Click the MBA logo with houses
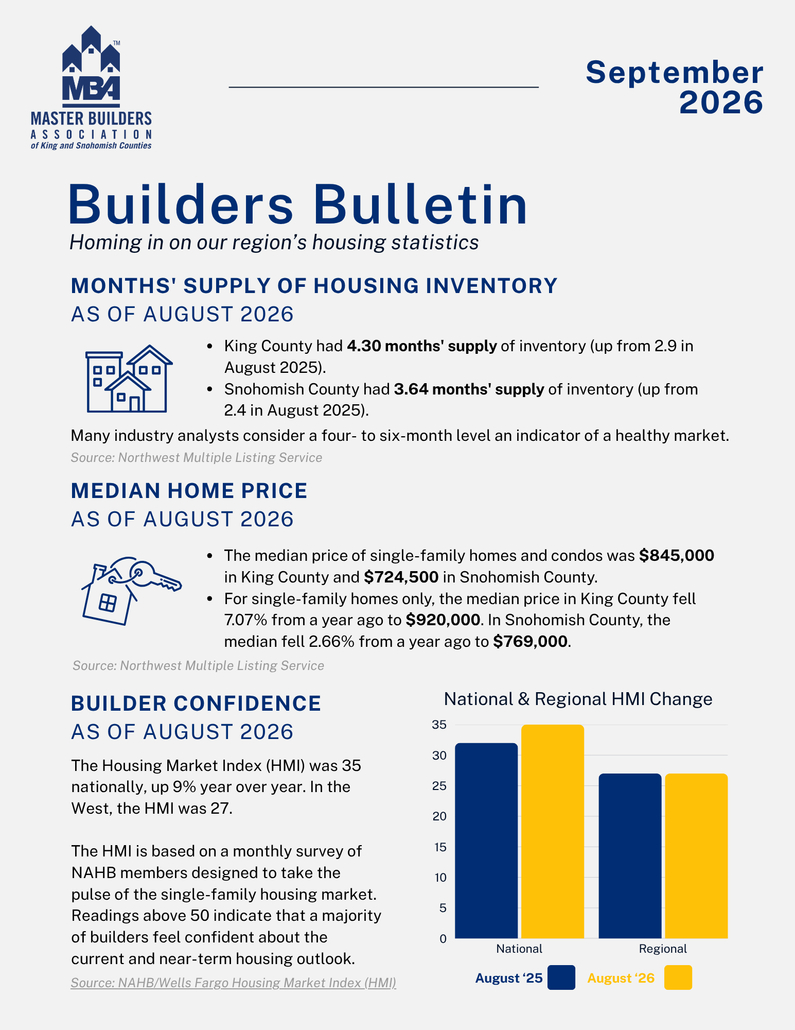pos(91,88)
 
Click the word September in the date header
pos(674,72)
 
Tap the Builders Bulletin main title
pos(298,204)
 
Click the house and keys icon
pos(132,591)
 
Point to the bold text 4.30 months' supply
pos(422,346)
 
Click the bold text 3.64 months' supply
pos(469,389)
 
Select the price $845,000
pos(677,556)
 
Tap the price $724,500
pos(401,577)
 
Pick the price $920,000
pos(443,620)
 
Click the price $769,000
pos(530,642)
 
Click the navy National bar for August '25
pos(486,840)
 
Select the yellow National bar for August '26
pos(553,831)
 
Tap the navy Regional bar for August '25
pos(630,856)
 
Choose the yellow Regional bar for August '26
pos(696,856)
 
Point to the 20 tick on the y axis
pos(439,816)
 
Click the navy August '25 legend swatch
pos(561,977)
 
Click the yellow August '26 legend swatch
pos(678,977)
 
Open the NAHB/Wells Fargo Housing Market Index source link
pos(233,983)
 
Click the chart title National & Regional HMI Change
pos(578,699)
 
